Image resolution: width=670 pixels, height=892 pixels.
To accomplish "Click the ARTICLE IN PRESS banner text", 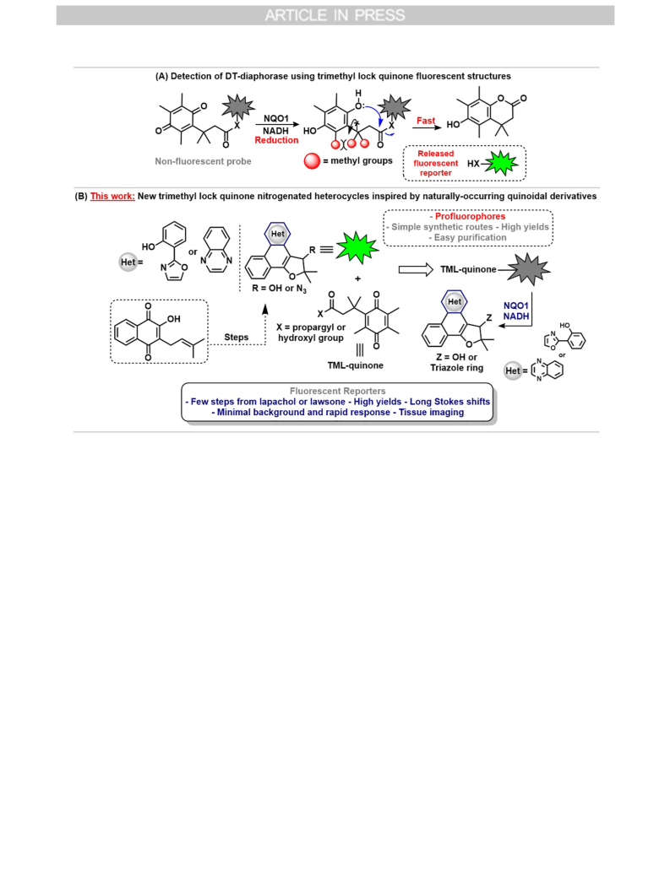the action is (335, 15).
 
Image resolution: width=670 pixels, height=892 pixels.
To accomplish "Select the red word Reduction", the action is (276, 141).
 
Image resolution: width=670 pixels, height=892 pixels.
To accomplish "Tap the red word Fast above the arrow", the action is (426, 121).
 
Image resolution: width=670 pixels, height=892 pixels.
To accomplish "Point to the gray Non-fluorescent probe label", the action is (203, 161).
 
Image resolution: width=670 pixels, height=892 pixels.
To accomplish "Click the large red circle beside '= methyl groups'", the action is (313, 161).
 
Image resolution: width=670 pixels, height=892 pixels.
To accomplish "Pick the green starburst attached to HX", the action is (500, 163).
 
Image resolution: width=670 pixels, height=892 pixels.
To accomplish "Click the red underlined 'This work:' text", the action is (112, 197).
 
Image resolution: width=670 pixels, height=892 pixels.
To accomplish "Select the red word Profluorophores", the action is (470, 217).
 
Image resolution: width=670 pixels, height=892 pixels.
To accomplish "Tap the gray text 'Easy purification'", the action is (470, 238).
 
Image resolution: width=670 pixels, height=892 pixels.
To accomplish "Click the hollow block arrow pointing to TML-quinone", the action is (416, 270).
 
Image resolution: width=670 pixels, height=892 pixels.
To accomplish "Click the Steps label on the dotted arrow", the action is (237, 338).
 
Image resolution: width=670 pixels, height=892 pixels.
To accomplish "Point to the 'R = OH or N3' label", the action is (279, 289).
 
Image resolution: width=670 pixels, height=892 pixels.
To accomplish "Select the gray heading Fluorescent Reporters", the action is (338, 392).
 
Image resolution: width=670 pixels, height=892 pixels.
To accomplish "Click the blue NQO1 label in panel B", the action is (516, 306).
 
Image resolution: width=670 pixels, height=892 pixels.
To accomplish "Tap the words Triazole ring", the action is (457, 368).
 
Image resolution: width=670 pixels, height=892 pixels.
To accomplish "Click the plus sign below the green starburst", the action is (357, 278).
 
